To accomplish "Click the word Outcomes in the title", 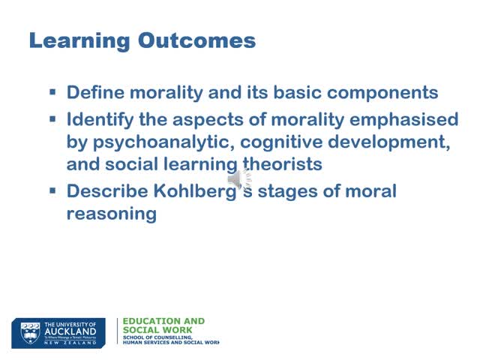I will coord(196,40).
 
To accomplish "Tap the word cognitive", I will coord(286,142).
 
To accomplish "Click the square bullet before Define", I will coord(53,92).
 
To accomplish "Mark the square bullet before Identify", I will coord(53,118).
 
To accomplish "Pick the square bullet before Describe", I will coord(53,190).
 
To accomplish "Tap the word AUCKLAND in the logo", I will coord(70,331).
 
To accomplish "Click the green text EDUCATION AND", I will coord(163,321).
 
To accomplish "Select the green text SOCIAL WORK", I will coord(157,330).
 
